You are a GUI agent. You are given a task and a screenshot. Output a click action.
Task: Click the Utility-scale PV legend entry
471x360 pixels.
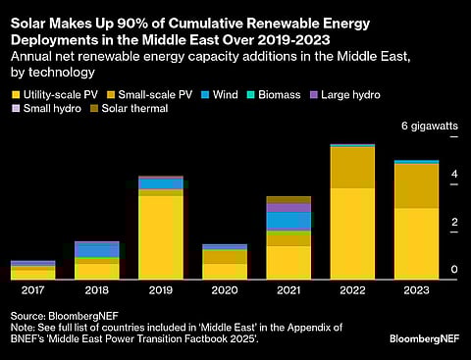[58, 95]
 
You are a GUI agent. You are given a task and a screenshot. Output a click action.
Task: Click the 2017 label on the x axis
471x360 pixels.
[32, 290]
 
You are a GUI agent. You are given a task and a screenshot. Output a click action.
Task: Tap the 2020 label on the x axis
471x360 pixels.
[224, 290]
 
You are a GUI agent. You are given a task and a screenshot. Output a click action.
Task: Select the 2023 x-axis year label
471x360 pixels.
[416, 290]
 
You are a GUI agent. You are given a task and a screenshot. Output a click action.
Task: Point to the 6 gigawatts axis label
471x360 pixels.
[429, 126]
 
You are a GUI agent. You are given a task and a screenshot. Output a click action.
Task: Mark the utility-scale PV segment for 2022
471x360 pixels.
[352, 233]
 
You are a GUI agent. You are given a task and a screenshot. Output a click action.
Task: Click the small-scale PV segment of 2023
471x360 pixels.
[416, 185]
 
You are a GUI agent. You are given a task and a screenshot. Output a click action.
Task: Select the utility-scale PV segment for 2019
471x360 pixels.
[160, 237]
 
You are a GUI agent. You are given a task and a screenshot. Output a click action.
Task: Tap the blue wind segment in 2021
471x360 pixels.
[288, 221]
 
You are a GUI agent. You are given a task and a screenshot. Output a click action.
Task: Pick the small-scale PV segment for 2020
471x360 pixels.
[224, 256]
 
